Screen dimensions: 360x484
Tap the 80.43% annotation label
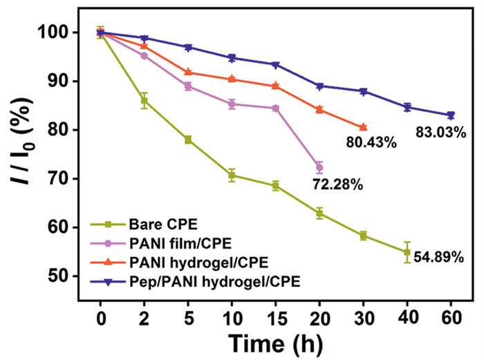[371, 143]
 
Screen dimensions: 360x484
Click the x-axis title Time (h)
[276, 341]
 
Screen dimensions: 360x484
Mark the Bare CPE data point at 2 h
[145, 101]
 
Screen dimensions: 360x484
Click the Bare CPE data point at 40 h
[407, 252]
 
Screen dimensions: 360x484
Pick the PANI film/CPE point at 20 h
[319, 167]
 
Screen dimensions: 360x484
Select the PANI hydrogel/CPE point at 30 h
[363, 127]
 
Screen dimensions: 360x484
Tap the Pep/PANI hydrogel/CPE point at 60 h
[451, 115]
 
